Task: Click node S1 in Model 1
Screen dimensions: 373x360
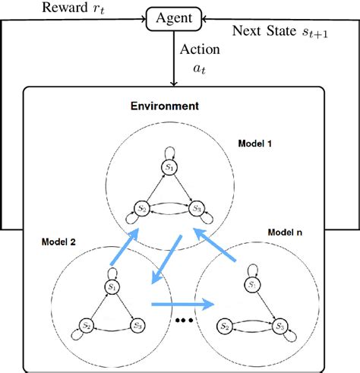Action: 171,166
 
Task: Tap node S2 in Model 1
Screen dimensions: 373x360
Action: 141,207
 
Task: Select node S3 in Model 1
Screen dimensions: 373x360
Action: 197,207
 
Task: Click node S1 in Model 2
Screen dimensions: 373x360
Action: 112,286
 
